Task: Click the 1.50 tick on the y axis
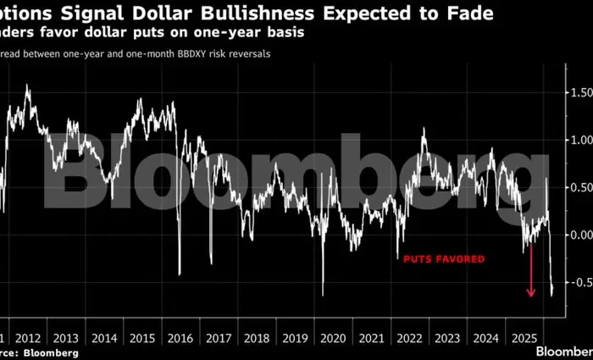click(582, 91)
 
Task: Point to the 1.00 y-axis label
click(582, 139)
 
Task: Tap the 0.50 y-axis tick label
click(582, 187)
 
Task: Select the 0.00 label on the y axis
click(582, 235)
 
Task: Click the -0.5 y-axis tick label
click(580, 282)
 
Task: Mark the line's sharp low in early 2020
click(323, 294)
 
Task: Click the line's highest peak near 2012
click(27, 85)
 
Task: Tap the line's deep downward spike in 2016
click(179, 274)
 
